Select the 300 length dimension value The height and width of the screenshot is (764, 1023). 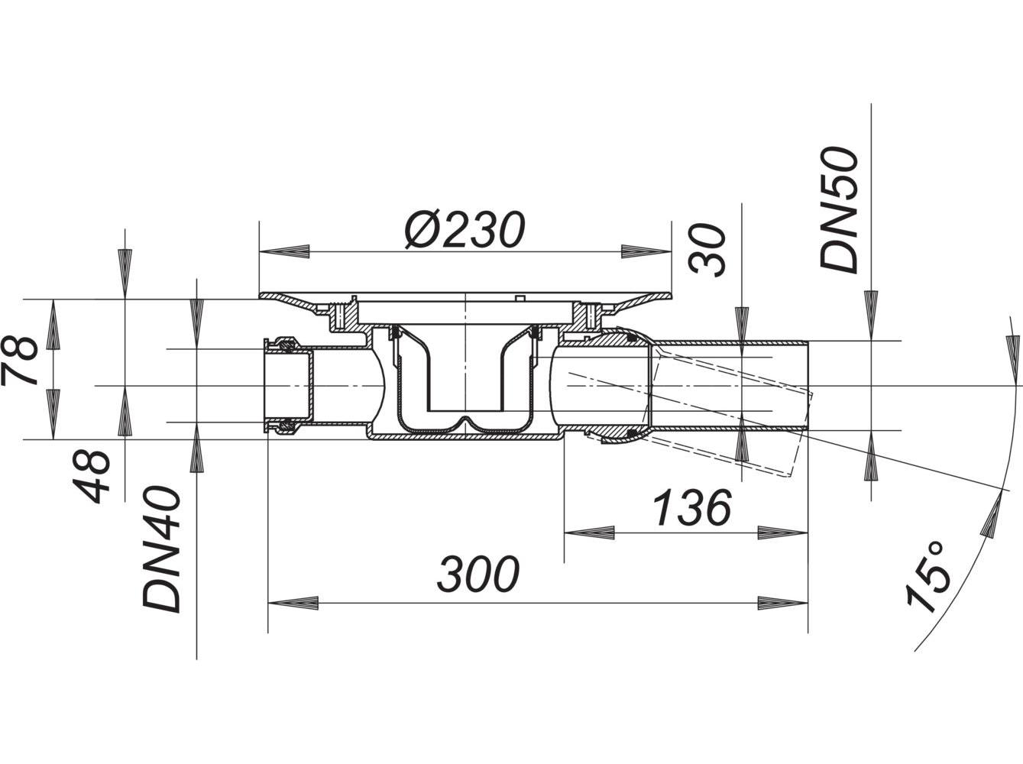pyautogui.click(x=479, y=575)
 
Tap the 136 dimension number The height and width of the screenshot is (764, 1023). pyautogui.click(x=692, y=508)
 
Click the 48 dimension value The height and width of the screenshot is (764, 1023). pyautogui.click(x=93, y=476)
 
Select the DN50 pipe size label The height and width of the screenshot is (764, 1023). pyautogui.click(x=839, y=210)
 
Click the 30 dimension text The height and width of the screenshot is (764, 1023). pyautogui.click(x=707, y=250)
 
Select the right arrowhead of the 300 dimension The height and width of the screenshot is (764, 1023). pyautogui.click(x=784, y=602)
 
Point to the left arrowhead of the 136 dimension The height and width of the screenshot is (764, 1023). pyautogui.click(x=589, y=533)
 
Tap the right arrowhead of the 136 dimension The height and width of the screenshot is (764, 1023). pyautogui.click(x=784, y=533)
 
